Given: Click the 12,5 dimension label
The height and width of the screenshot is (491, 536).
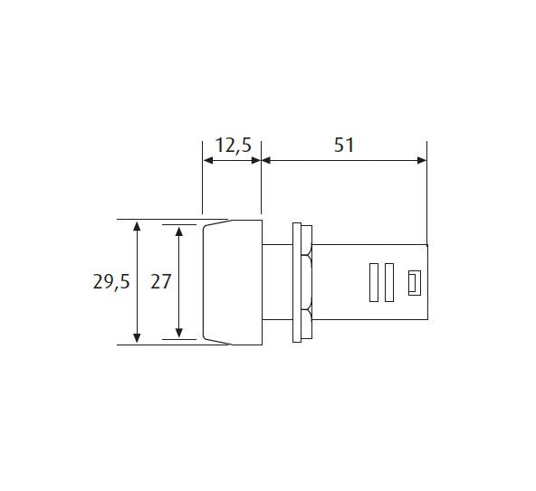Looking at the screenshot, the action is [234, 146].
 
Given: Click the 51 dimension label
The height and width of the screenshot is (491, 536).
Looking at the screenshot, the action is [344, 145].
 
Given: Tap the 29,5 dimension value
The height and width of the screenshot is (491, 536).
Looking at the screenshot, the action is [111, 282].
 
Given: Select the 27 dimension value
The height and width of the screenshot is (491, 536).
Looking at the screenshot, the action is [160, 282].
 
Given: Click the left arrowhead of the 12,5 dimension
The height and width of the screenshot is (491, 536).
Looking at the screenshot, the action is [208, 160].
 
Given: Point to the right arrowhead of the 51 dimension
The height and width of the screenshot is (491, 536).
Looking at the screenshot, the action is [422, 160].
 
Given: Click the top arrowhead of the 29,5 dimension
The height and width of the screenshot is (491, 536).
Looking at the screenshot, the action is [137, 226].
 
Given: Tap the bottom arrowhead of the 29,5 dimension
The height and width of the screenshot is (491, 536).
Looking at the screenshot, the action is [137, 338].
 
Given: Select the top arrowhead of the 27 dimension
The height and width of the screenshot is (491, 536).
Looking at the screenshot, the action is [178, 231].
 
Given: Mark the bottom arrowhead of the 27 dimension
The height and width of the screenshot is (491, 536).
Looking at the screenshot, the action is [178, 333].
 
